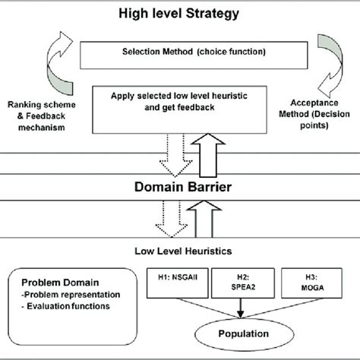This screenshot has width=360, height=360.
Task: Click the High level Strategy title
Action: [179, 13]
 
